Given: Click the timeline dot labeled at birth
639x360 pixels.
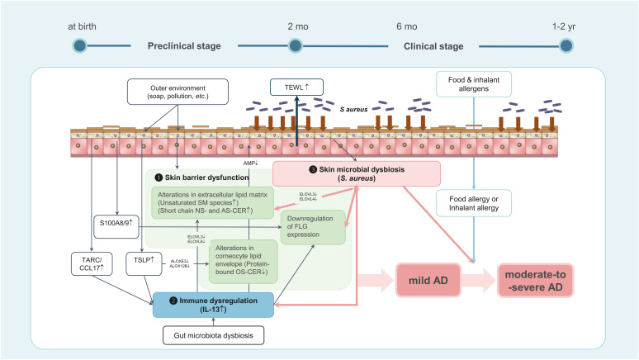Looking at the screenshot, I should pyautogui.click(x=80, y=45).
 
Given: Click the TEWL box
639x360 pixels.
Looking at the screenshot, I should pyautogui.click(x=297, y=85).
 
